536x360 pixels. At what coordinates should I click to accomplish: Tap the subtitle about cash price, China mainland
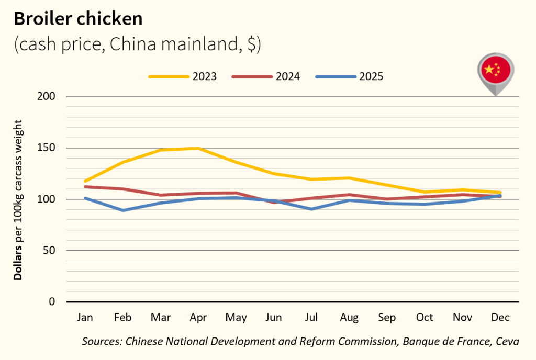pos(137,44)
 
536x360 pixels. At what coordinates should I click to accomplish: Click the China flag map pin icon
pos(495,72)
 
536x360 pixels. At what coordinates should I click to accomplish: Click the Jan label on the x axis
pos(85,318)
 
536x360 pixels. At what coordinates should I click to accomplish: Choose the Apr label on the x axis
pos(198,318)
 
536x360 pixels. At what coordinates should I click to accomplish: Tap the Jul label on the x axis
pos(311,318)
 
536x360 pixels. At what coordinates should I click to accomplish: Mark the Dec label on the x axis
pos(500,318)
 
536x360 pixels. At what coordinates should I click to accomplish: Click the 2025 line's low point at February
pos(123,210)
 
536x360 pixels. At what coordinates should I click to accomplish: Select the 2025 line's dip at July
pos(311,209)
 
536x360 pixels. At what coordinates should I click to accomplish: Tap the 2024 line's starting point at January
pos(85,187)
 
